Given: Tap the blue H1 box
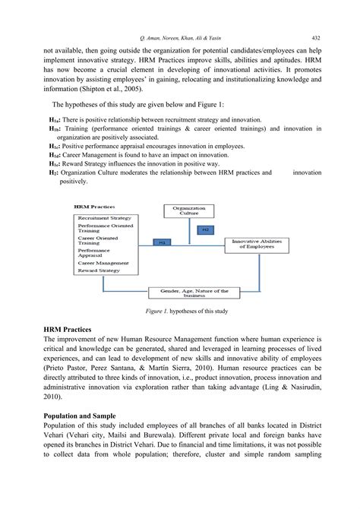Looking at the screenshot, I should pyautogui.click(x=161, y=242).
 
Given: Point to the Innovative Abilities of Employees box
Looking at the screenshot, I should pyautogui.click(x=257, y=243).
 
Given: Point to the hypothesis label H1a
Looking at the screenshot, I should pyautogui.click(x=53, y=120).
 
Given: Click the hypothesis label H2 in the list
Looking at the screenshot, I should pyautogui.click(x=52, y=173).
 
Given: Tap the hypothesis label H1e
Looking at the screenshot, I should pyautogui.click(x=53, y=163).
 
